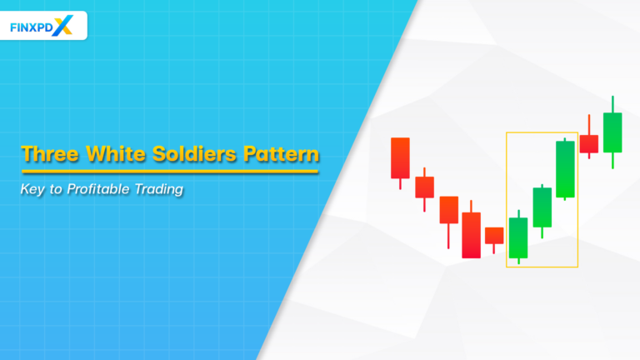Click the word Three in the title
pyautogui.click(x=50, y=155)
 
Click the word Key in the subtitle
pyautogui.click(x=33, y=189)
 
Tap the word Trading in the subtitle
pyautogui.click(x=160, y=189)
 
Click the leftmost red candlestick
pyautogui.click(x=401, y=158)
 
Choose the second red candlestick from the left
pyautogui.click(x=425, y=187)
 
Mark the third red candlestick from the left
pyautogui.click(x=449, y=210)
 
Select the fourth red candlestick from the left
pyautogui.click(x=472, y=234)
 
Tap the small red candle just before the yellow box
pyautogui.click(x=494, y=236)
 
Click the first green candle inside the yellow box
pyautogui.click(x=518, y=237)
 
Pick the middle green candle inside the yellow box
pyautogui.click(x=542, y=207)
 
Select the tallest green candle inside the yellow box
pyautogui.click(x=566, y=169)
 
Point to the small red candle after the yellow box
pyautogui.click(x=589, y=143)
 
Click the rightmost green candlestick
pyautogui.click(x=612, y=132)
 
